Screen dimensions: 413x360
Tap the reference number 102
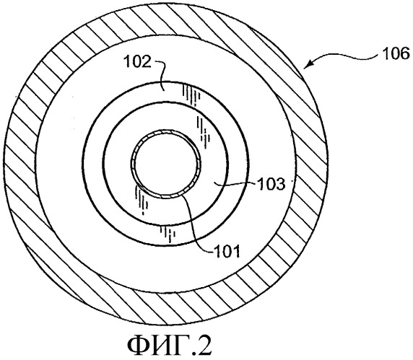pyautogui.click(x=138, y=62)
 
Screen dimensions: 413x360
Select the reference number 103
pyautogui.click(x=271, y=184)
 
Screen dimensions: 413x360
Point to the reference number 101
pyautogui.click(x=227, y=251)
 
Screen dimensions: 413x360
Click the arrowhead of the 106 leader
pyautogui.click(x=308, y=65)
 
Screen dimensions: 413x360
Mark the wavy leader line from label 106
pyautogui.click(x=342, y=56)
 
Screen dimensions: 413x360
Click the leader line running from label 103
pyautogui.click(x=235, y=183)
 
